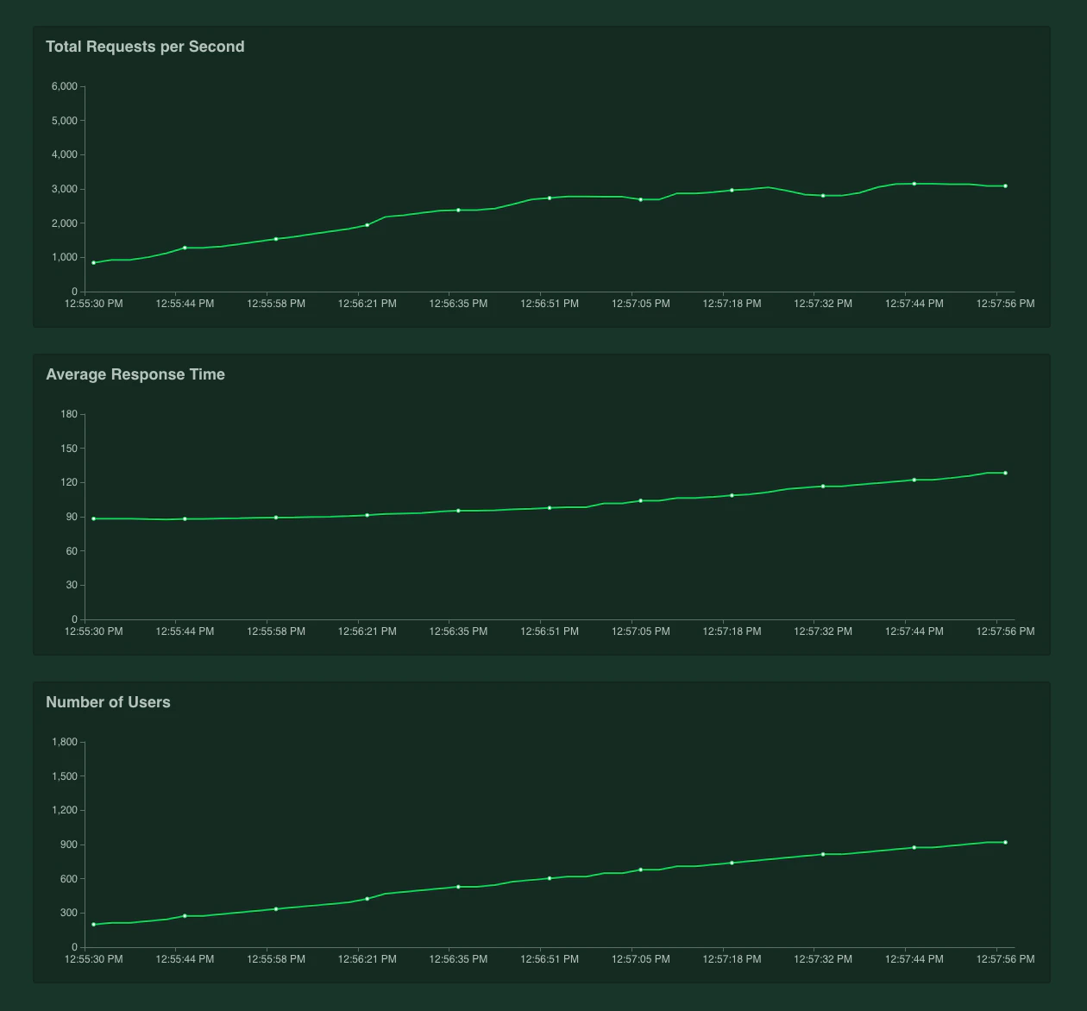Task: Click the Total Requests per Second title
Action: click(x=145, y=47)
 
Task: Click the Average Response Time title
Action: click(x=135, y=374)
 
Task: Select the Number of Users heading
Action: click(x=108, y=702)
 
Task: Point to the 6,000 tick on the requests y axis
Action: click(x=65, y=86)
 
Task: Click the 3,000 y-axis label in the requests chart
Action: click(x=65, y=189)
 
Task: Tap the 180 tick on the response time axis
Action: click(x=69, y=414)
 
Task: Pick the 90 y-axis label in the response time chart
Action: click(x=71, y=517)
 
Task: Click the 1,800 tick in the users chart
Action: click(x=65, y=742)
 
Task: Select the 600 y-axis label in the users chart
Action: click(x=69, y=879)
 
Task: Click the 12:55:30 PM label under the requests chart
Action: click(x=94, y=304)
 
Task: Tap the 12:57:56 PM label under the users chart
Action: click(x=1005, y=959)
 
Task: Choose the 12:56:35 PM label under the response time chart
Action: click(x=458, y=631)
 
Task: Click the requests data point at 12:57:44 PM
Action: click(x=914, y=184)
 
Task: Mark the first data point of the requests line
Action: click(x=94, y=263)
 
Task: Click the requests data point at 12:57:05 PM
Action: click(x=641, y=199)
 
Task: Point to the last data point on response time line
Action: click(x=1005, y=473)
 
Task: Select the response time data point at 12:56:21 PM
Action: click(x=368, y=515)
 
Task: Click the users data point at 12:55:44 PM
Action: click(x=185, y=916)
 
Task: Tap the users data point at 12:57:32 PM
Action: click(x=823, y=854)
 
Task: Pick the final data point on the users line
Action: click(x=1005, y=842)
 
